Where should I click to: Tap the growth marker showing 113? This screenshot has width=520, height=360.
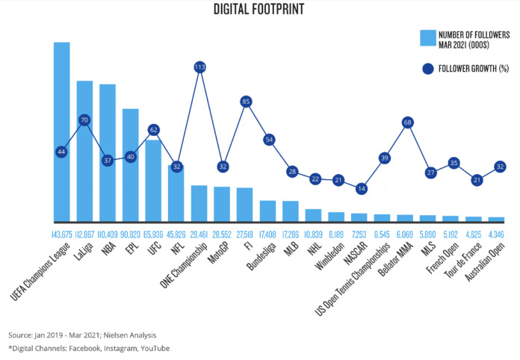tap(199, 67)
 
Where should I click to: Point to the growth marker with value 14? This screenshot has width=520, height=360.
tap(362, 189)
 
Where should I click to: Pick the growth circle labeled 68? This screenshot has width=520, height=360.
tap(407, 122)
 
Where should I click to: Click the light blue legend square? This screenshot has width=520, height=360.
tap(428, 37)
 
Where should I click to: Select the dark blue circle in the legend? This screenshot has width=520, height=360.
tap(428, 69)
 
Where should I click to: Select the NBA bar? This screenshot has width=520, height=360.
tap(108, 153)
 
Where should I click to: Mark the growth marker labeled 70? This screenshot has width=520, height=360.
tap(84, 120)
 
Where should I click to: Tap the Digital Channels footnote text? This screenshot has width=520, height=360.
tap(88, 348)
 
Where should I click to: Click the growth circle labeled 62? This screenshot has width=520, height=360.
tap(153, 130)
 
